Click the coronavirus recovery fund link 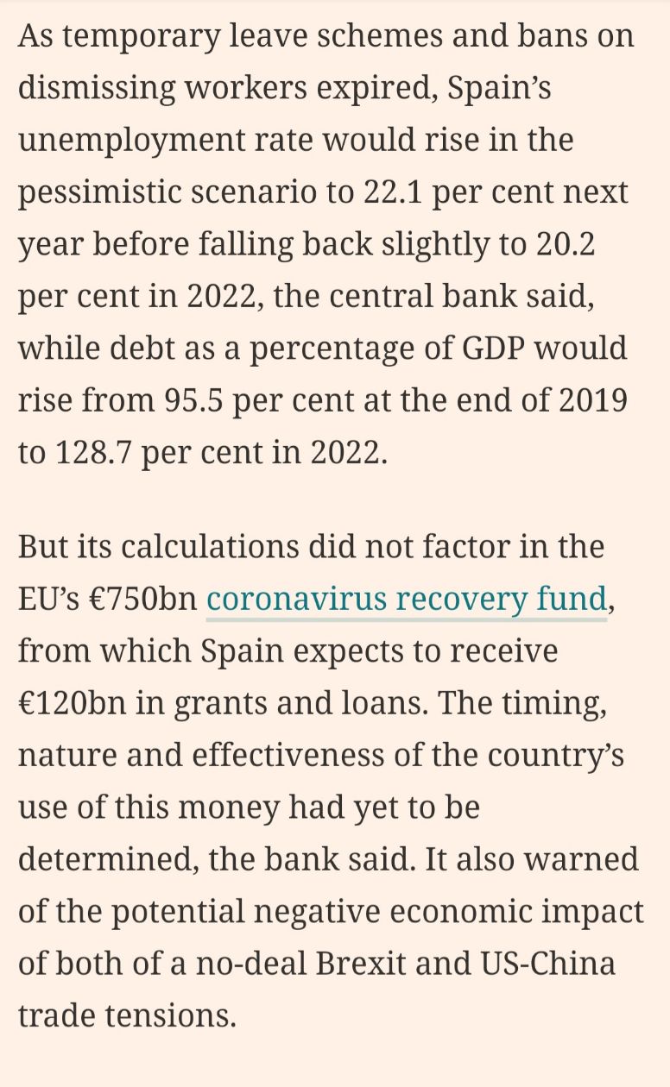point(407,599)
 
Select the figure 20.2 point(566,244)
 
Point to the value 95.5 point(194,400)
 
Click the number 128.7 point(94,453)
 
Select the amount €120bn point(72,703)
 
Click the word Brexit point(360,964)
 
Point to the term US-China point(547,964)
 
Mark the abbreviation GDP point(493,349)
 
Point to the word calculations point(210,547)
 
